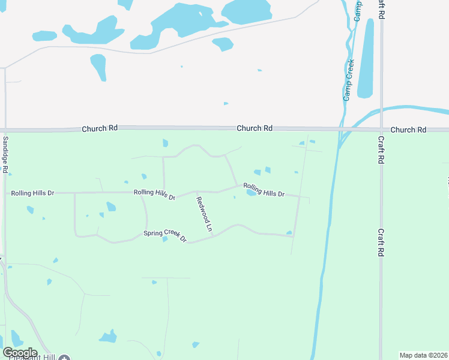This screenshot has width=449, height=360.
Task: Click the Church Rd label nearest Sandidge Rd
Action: click(100, 128)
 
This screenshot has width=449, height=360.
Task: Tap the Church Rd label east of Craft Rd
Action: click(408, 130)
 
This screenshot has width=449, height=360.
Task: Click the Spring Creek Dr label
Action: click(165, 236)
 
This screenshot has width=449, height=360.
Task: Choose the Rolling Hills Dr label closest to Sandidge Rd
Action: click(33, 193)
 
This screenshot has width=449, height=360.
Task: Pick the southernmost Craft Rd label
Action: click(381, 242)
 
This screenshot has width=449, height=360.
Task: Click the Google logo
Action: click(20, 352)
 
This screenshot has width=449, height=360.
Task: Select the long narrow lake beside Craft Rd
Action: click(366, 59)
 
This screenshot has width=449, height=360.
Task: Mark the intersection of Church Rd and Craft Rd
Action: click(381, 129)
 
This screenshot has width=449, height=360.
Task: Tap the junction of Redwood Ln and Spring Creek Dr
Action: click(213, 235)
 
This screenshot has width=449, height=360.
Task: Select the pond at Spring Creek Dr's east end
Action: click(289, 233)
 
